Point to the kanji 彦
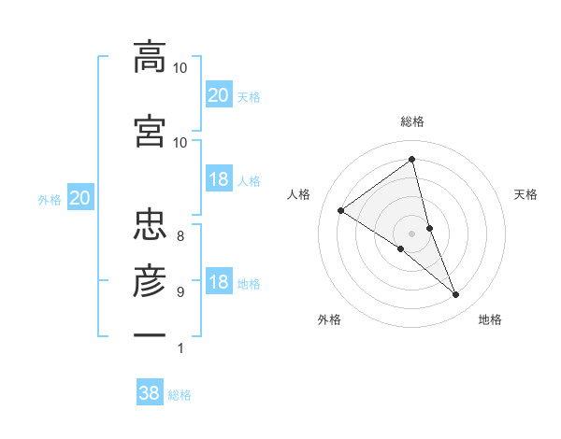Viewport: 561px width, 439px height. click(150, 279)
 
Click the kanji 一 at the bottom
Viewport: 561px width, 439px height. click(150, 333)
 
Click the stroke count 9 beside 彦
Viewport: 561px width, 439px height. click(180, 291)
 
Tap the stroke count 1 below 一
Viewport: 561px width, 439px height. click(180, 348)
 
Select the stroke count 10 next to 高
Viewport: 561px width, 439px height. click(180, 68)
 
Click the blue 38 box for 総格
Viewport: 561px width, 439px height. click(150, 393)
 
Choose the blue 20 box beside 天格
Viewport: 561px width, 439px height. click(218, 94)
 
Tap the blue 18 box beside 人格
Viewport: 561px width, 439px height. click(218, 179)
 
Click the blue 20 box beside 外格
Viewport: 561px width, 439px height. click(79, 197)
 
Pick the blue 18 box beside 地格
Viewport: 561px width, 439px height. click(218, 282)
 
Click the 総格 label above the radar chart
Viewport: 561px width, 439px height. click(412, 121)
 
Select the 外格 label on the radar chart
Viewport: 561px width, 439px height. click(329, 319)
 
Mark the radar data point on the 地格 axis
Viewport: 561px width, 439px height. click(456, 295)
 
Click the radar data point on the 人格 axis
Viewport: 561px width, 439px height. click(340, 210)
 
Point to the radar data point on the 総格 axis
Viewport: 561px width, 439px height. click(412, 159)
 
